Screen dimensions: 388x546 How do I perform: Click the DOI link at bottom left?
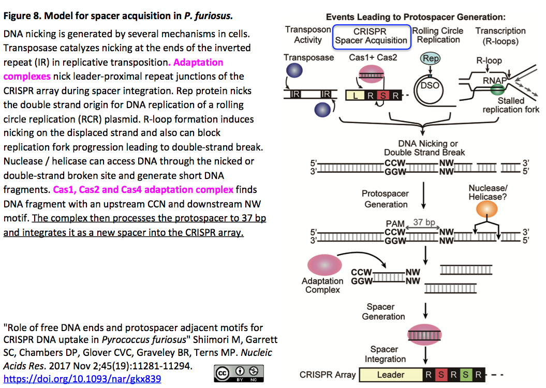coord(82,379)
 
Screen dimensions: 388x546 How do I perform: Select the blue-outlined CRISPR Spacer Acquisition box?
coord(371,36)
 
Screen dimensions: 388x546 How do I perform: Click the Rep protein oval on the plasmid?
coord(431,58)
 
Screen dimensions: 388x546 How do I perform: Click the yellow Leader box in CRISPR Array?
coord(390,375)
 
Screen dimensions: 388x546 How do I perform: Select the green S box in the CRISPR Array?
coord(466,375)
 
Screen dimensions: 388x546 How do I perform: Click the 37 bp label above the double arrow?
coord(424,222)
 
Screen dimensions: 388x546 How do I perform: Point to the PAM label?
coord(394,223)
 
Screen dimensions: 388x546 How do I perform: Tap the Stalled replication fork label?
coord(510,105)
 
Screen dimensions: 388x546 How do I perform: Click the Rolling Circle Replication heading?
coord(438,35)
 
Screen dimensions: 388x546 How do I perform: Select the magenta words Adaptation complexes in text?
coord(113,69)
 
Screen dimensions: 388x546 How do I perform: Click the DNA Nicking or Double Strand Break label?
coord(424,148)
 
